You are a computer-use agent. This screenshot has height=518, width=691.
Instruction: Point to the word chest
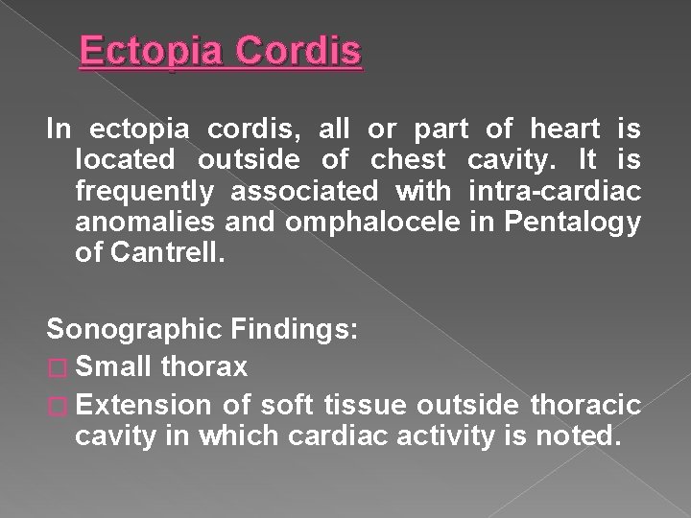tap(408, 159)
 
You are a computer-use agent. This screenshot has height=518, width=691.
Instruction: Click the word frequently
tap(145, 191)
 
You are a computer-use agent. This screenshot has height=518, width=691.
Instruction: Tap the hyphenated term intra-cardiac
tap(555, 191)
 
